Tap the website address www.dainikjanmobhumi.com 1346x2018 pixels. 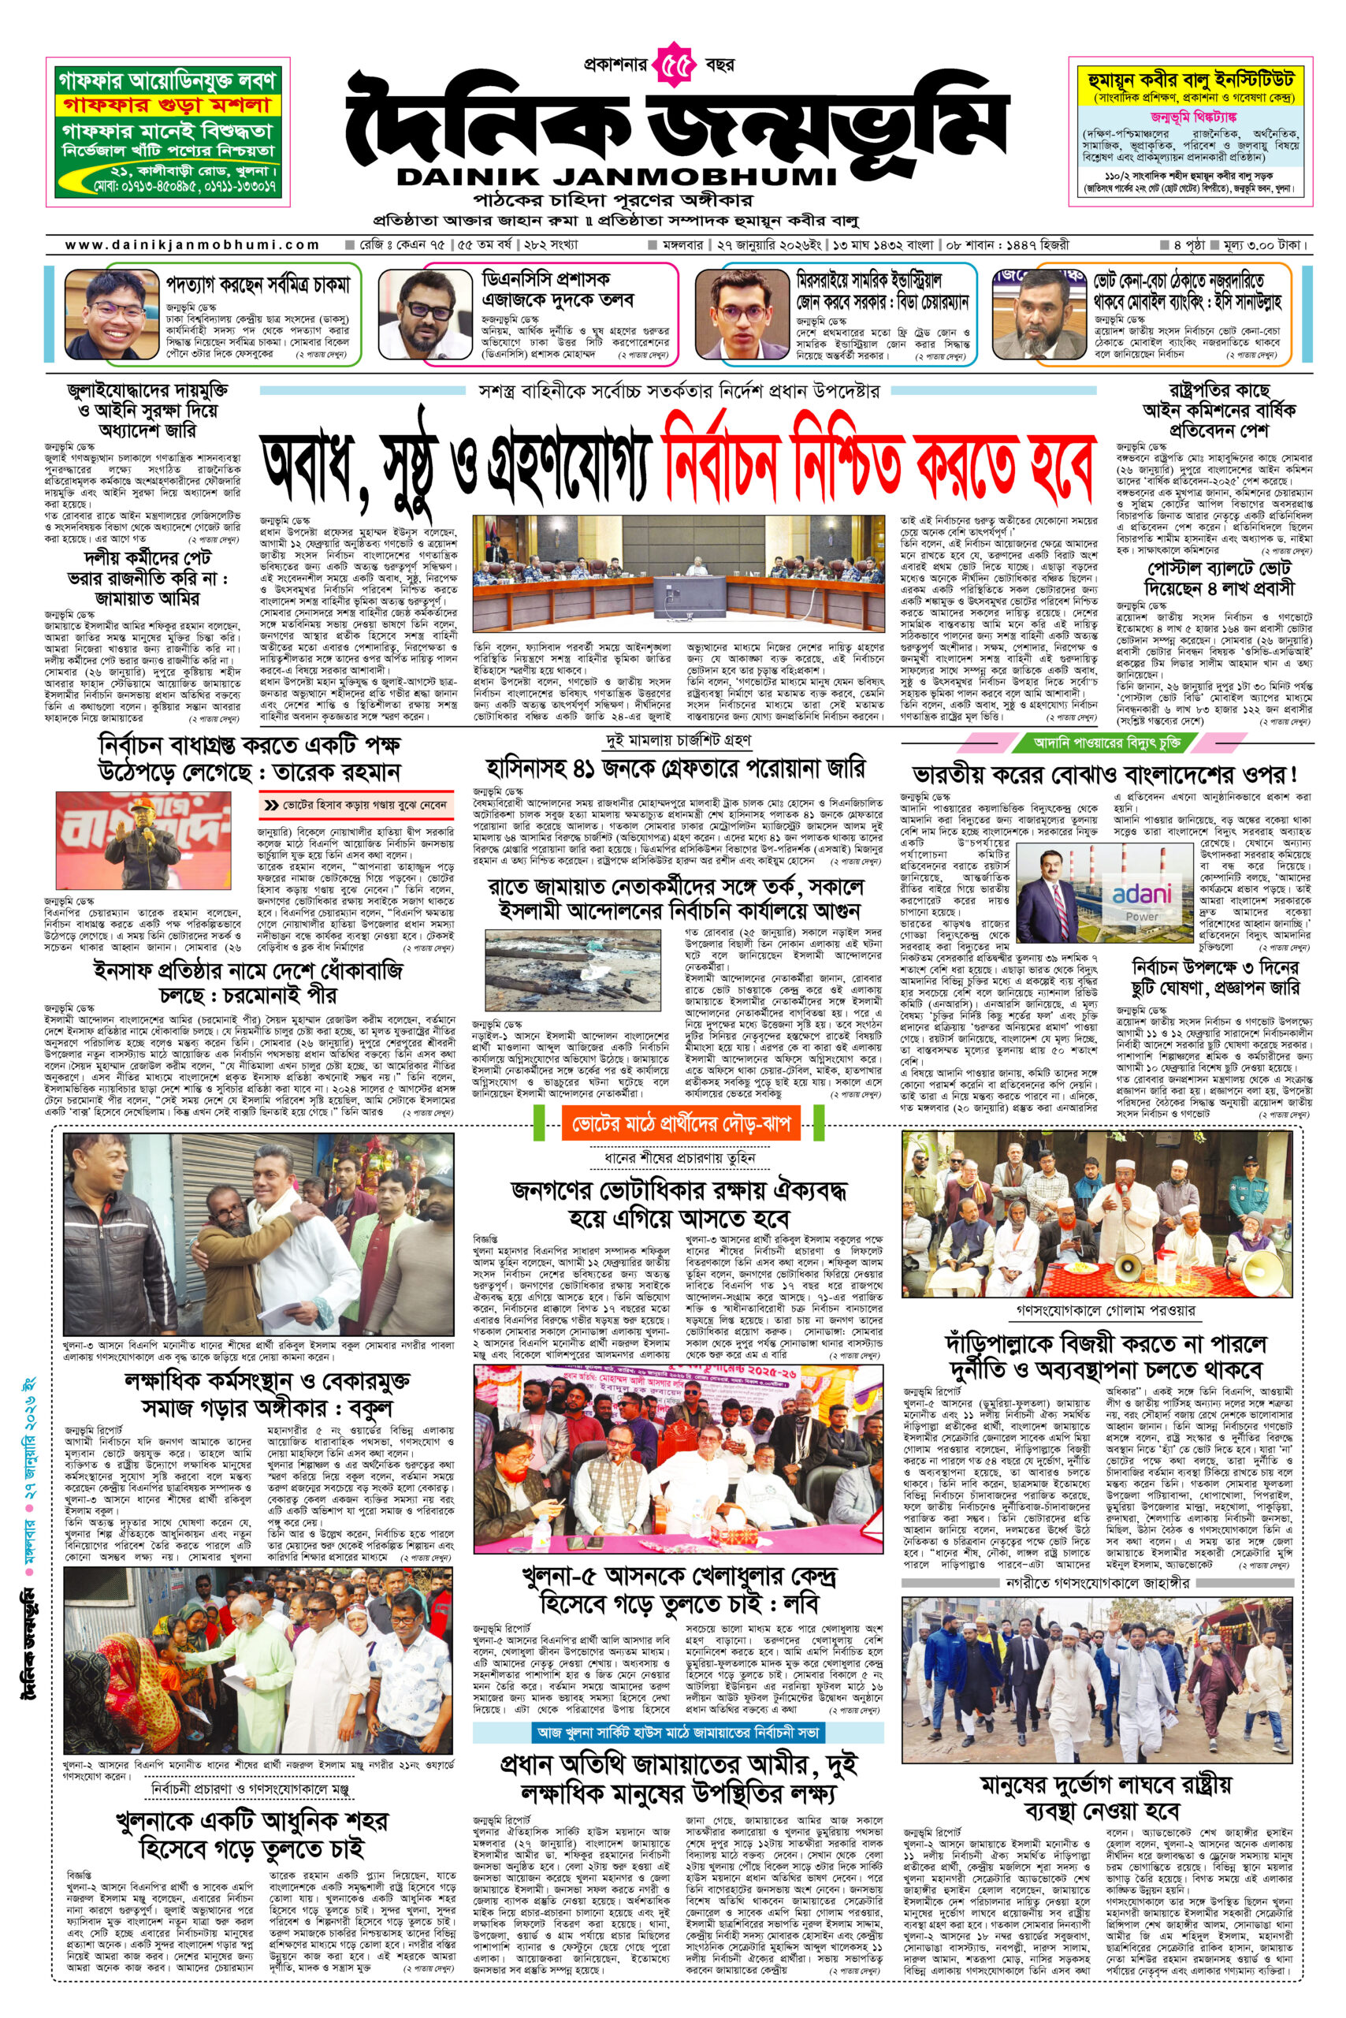pos(192,244)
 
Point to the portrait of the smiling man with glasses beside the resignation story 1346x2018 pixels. pos(113,313)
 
